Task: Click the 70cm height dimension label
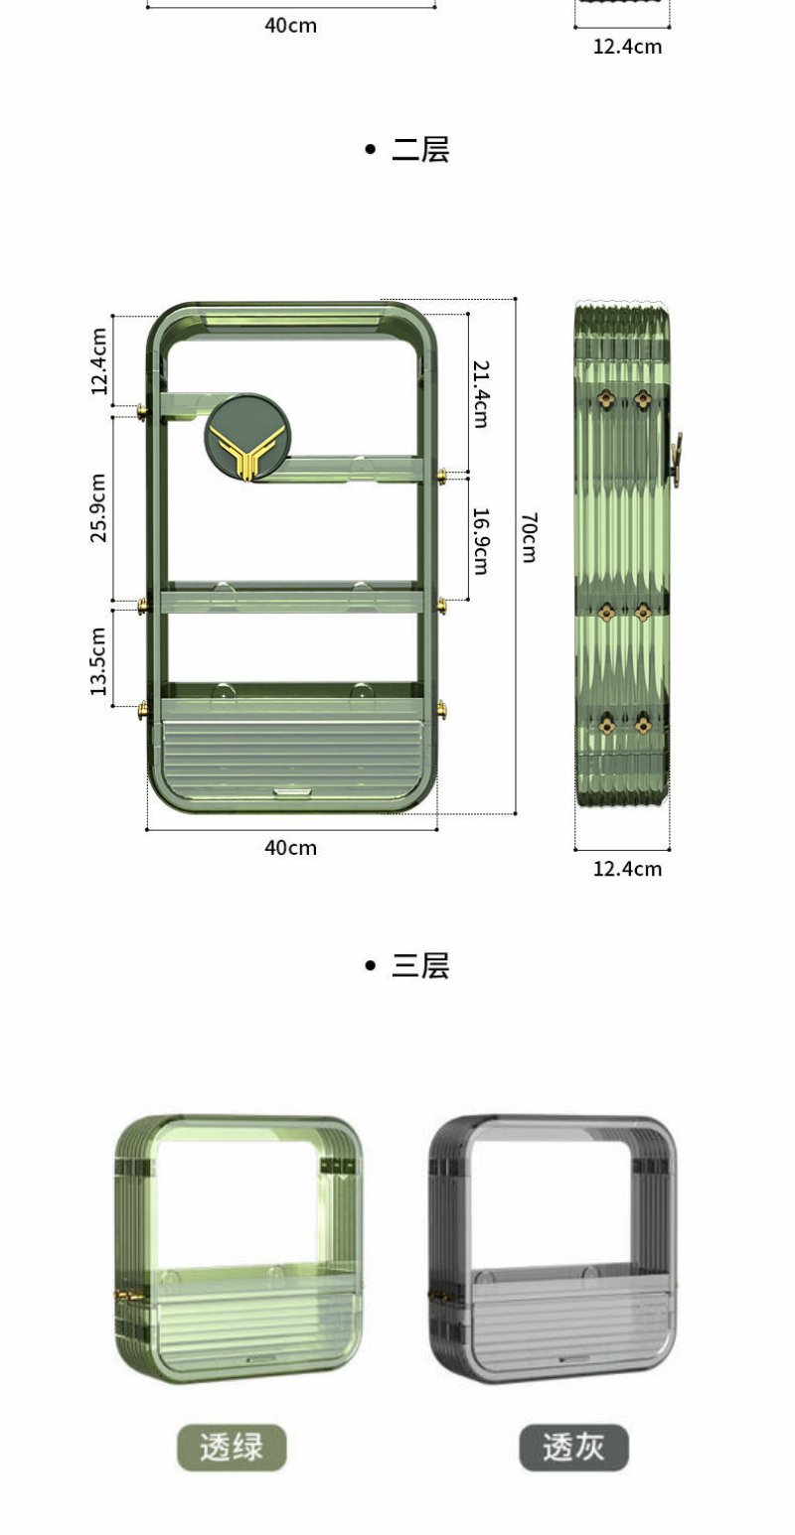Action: click(529, 537)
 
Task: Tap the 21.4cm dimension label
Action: click(481, 394)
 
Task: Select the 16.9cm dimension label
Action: click(481, 541)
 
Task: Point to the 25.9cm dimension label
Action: click(98, 507)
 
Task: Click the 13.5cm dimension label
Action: click(98, 661)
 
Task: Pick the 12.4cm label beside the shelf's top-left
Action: click(98, 361)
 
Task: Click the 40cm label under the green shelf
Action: click(291, 848)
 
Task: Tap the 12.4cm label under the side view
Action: click(628, 869)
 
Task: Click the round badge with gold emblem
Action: click(247, 437)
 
